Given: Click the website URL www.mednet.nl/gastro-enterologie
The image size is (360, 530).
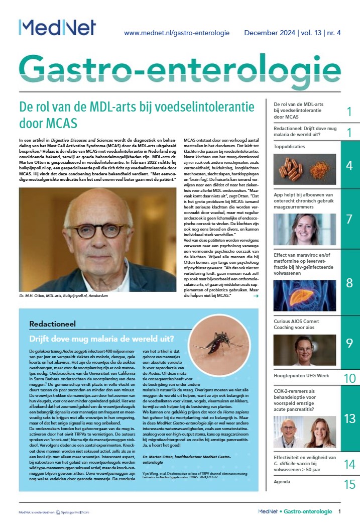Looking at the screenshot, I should tap(176, 33).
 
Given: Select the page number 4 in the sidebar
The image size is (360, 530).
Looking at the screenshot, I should tap(349, 165).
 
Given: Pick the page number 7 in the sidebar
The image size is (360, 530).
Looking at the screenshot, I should tap(349, 219).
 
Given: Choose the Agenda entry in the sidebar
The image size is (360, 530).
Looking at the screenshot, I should tap(282, 482).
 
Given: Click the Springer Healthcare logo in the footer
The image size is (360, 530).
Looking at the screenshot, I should tap(74, 512).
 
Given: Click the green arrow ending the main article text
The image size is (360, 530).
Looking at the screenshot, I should tap(256, 296).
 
